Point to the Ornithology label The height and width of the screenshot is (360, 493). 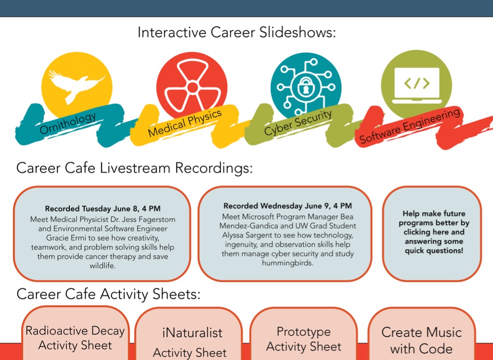pyautogui.click(x=67, y=123)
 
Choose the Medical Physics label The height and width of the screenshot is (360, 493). pyautogui.click(x=185, y=124)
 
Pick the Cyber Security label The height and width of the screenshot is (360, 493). pyautogui.click(x=298, y=123)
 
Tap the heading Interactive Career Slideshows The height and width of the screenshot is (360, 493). pyautogui.click(x=237, y=33)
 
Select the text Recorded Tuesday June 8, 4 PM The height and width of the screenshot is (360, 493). pyautogui.click(x=103, y=209)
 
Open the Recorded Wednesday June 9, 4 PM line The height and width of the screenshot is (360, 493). pyautogui.click(x=288, y=206)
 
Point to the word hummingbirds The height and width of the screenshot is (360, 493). pyautogui.click(x=288, y=263)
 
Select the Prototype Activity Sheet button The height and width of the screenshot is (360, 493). pyautogui.click(x=304, y=334)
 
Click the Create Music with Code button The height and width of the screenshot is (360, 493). pyautogui.click(x=421, y=334)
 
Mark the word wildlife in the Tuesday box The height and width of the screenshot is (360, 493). pyautogui.click(x=103, y=266)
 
